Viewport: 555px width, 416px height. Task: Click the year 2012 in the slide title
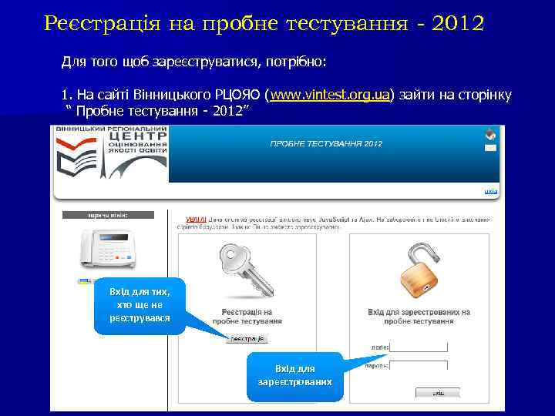click(x=461, y=23)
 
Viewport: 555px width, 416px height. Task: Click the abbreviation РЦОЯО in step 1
click(x=234, y=95)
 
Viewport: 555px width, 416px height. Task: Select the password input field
click(x=419, y=366)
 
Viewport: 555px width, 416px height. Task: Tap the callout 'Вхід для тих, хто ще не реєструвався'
click(x=140, y=306)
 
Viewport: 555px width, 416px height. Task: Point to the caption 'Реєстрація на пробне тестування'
click(x=241, y=317)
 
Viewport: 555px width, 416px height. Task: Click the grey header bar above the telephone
click(x=108, y=215)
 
